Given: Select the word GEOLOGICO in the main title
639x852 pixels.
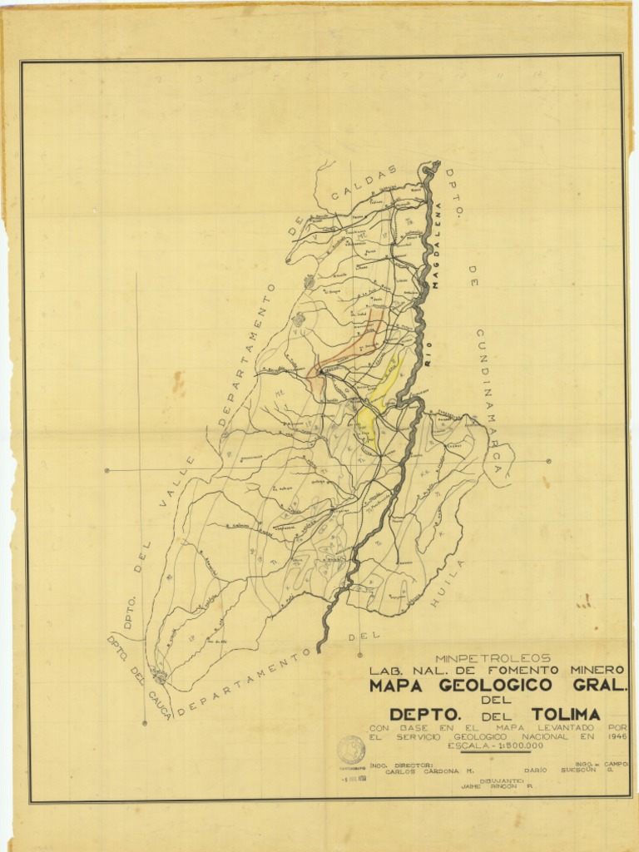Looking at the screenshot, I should [494, 686].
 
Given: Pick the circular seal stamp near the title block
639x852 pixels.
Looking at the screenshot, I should [350, 750].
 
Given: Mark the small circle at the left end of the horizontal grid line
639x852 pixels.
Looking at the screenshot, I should [107, 470].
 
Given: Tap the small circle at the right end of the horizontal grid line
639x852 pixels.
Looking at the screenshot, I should [549, 461].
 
